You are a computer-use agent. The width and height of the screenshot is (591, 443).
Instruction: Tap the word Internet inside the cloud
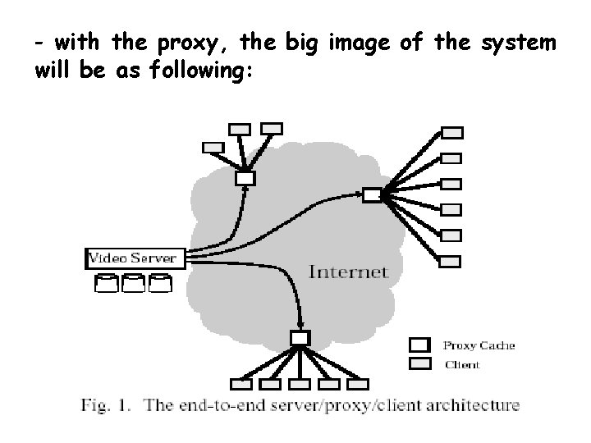348,272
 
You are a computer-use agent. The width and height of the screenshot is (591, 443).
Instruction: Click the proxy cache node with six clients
372,194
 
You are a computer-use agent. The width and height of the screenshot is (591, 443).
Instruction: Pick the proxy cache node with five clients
300,337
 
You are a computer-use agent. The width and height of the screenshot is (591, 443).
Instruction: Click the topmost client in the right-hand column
452,131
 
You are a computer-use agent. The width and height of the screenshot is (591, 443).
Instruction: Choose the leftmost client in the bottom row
241,383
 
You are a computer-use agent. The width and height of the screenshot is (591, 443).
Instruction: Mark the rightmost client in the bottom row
360,383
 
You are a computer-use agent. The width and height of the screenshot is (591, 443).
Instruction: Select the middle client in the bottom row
300,383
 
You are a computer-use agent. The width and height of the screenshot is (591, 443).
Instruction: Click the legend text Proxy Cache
479,345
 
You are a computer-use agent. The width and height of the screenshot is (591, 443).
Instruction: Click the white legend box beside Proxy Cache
420,345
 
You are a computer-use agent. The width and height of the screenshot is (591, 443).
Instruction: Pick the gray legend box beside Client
420,363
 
